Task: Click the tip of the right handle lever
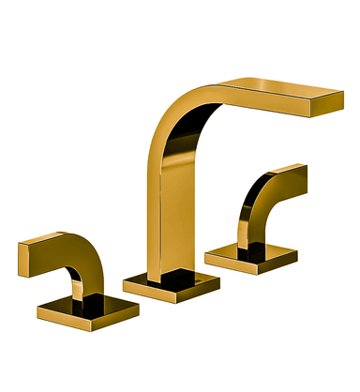(300, 174)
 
